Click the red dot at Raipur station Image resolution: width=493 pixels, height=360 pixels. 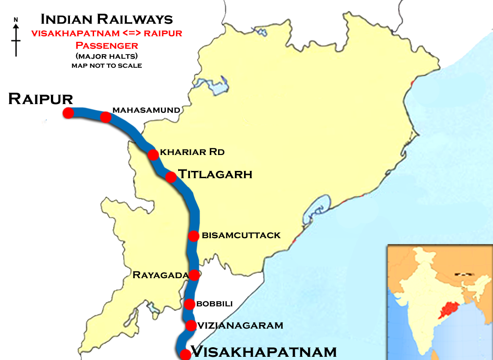69,113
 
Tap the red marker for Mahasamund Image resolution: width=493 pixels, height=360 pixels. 105,117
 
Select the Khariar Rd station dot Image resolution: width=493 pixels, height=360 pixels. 153,155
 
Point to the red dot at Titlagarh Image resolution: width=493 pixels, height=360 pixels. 171,177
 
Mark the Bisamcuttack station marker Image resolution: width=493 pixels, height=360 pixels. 194,236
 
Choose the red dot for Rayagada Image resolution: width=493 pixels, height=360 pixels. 194,275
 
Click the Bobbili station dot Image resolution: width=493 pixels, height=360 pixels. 190,304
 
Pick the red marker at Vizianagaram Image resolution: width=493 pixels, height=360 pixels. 191,325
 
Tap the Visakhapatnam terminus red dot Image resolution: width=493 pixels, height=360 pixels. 185,355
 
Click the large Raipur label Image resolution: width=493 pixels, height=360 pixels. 40,99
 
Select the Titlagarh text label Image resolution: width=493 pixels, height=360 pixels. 215,174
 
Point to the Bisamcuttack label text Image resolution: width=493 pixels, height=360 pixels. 241,235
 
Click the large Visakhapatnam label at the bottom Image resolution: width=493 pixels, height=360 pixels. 264,351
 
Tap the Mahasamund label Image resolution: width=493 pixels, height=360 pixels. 146,110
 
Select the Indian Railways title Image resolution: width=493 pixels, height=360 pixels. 107,20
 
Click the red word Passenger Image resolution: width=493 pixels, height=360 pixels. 107,45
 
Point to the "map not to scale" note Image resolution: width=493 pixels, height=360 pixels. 107,65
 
